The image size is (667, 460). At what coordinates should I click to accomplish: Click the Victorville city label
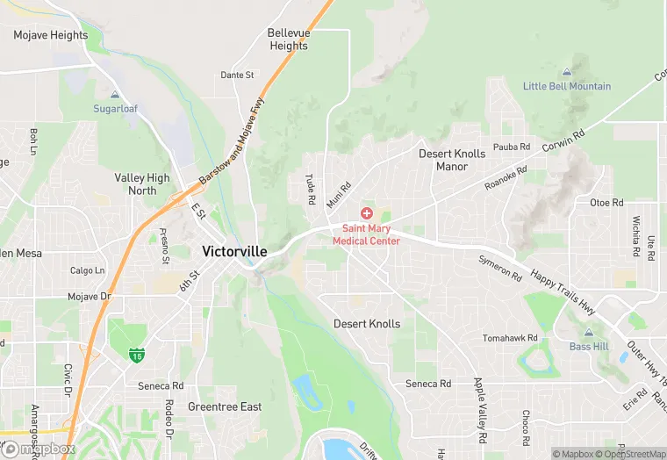[x=234, y=251]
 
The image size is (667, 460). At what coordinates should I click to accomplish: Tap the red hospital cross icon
[x=366, y=214]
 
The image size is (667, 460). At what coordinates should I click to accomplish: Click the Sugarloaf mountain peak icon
[x=115, y=95]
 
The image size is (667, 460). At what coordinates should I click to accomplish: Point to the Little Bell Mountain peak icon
[x=566, y=72]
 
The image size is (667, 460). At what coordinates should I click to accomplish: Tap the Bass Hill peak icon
[x=587, y=334]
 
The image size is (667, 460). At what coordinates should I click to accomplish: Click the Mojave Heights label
[x=51, y=35]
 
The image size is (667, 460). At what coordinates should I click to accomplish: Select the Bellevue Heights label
[x=289, y=40]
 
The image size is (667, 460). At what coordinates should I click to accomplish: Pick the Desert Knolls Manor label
[x=452, y=160]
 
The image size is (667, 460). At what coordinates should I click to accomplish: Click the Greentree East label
[x=225, y=407]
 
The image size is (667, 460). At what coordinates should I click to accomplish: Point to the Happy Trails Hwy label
[x=562, y=291]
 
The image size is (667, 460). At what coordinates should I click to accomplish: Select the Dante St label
[x=237, y=75]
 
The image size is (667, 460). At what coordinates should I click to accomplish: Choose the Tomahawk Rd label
[x=510, y=338]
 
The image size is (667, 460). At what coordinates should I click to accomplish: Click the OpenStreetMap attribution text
[x=629, y=454]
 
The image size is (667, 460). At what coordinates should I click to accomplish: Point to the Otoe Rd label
[x=606, y=202]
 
